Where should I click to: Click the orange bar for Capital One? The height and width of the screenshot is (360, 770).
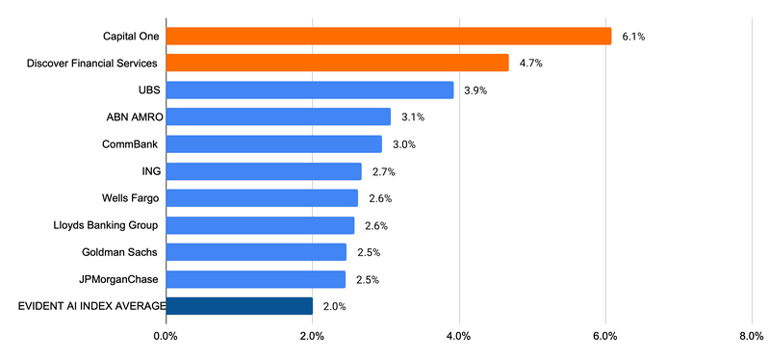(x=389, y=36)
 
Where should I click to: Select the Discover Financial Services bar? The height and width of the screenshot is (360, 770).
(x=337, y=63)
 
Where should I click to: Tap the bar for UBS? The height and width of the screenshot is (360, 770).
(x=309, y=90)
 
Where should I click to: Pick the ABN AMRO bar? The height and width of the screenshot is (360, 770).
(x=278, y=116)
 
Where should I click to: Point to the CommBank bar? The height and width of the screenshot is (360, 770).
(x=273, y=144)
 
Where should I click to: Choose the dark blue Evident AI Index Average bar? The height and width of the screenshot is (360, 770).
(x=239, y=306)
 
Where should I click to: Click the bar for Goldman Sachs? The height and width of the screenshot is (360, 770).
(x=256, y=252)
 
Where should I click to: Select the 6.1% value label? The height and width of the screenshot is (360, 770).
(x=633, y=37)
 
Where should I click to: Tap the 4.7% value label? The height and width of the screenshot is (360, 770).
(x=531, y=64)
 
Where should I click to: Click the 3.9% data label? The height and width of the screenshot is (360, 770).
(x=475, y=90)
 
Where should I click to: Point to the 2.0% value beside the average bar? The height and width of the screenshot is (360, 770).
(x=335, y=307)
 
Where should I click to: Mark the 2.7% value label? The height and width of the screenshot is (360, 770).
(x=383, y=171)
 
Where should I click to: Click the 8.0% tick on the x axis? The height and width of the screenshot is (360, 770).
(x=752, y=336)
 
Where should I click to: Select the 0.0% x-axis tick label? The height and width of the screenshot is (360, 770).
(x=166, y=336)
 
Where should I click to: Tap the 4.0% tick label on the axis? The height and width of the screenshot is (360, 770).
(x=459, y=336)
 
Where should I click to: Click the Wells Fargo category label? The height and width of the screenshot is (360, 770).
(x=131, y=198)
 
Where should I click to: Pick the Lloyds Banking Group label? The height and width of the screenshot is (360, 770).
(x=106, y=225)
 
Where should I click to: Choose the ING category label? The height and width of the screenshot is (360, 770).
(x=149, y=171)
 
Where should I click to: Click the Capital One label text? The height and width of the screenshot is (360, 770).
(x=131, y=37)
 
